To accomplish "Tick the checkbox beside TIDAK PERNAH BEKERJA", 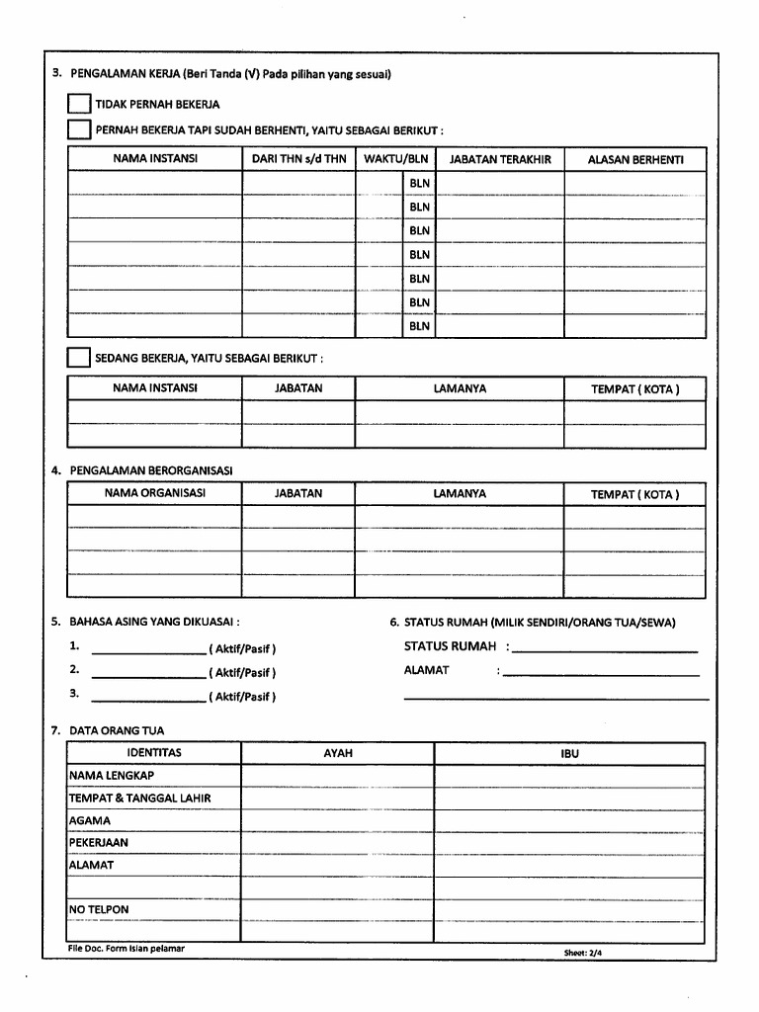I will point(78,105).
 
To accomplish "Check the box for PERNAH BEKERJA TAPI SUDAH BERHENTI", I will point(78,130).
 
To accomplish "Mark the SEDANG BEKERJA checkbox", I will point(78,357).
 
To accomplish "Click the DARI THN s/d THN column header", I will point(299,159).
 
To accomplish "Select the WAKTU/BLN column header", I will point(395,159).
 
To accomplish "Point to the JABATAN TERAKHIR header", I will point(500,159).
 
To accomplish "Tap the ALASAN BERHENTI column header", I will point(634,159).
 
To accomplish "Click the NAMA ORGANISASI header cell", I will point(155,493).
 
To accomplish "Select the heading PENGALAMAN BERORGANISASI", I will point(150,470).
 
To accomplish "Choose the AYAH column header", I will point(338,753).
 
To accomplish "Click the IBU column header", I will point(569,753).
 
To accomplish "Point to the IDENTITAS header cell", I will point(154,753).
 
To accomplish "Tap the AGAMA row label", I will point(90,820).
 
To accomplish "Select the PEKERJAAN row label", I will point(99,843).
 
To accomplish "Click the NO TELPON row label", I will point(99,909).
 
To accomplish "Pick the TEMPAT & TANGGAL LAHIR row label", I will point(139,798).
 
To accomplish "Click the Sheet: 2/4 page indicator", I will point(582,953).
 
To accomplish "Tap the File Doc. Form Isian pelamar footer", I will point(126,949).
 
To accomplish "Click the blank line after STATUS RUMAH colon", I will point(605,650).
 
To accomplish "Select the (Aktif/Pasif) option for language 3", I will point(242,697).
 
